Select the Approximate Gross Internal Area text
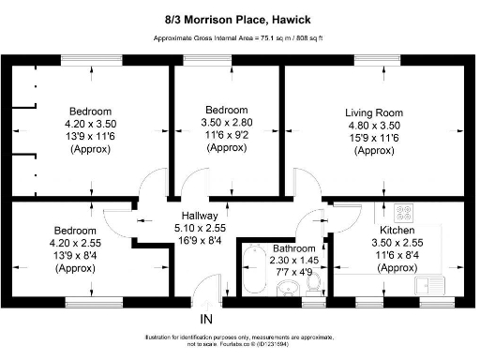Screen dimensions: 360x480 point(240,38)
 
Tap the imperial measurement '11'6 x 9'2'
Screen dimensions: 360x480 point(228,135)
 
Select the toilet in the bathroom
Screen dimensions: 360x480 point(314,281)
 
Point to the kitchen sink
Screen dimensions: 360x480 point(431,281)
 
